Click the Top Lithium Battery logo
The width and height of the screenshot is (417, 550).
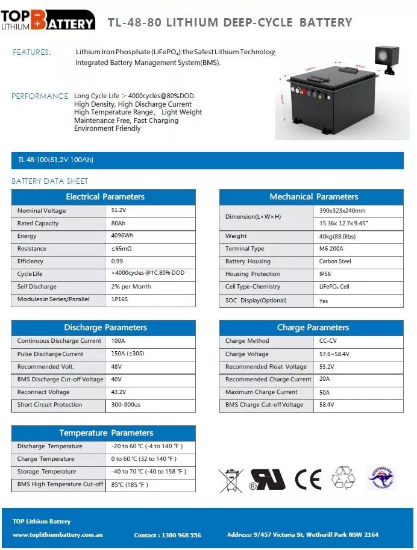(x=48, y=20)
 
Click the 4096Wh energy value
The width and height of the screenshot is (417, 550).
(x=122, y=236)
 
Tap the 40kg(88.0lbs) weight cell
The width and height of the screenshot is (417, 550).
(x=337, y=236)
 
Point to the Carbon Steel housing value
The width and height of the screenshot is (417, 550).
(x=334, y=261)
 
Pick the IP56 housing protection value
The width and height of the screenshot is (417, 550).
(x=325, y=274)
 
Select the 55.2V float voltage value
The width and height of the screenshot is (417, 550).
(x=327, y=366)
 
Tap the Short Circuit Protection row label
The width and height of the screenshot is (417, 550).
(x=49, y=405)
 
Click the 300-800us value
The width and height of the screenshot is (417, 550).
(x=126, y=405)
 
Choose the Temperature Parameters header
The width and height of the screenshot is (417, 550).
(x=105, y=433)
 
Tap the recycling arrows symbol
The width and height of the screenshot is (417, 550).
(x=343, y=478)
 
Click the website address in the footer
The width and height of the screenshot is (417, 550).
(x=58, y=534)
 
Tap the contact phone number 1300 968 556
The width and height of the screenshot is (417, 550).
(x=168, y=535)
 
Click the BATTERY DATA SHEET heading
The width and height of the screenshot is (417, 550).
(x=50, y=181)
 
